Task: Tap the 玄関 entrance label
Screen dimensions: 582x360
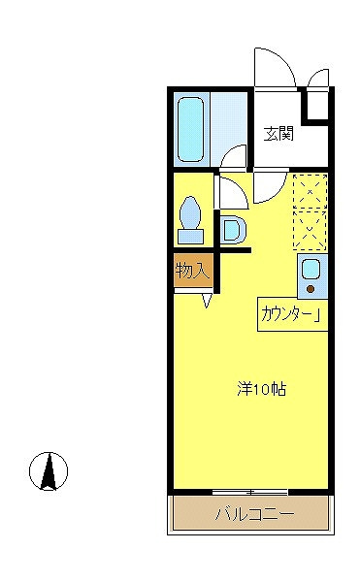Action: (278, 134)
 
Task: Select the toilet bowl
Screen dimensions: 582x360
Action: (190, 210)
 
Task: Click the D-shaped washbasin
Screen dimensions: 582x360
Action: (234, 230)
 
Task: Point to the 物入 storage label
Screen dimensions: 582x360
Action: (192, 270)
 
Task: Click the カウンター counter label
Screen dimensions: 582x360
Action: (291, 314)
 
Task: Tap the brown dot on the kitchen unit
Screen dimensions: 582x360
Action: (311, 287)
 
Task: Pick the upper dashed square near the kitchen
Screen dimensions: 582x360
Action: (310, 190)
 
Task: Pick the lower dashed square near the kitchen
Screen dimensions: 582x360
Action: (310, 228)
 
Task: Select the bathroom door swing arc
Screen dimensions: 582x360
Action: (233, 156)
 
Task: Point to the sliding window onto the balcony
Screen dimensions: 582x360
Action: (250, 492)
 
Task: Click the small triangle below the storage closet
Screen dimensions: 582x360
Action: (208, 302)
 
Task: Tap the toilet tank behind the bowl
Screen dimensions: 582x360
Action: (190, 236)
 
